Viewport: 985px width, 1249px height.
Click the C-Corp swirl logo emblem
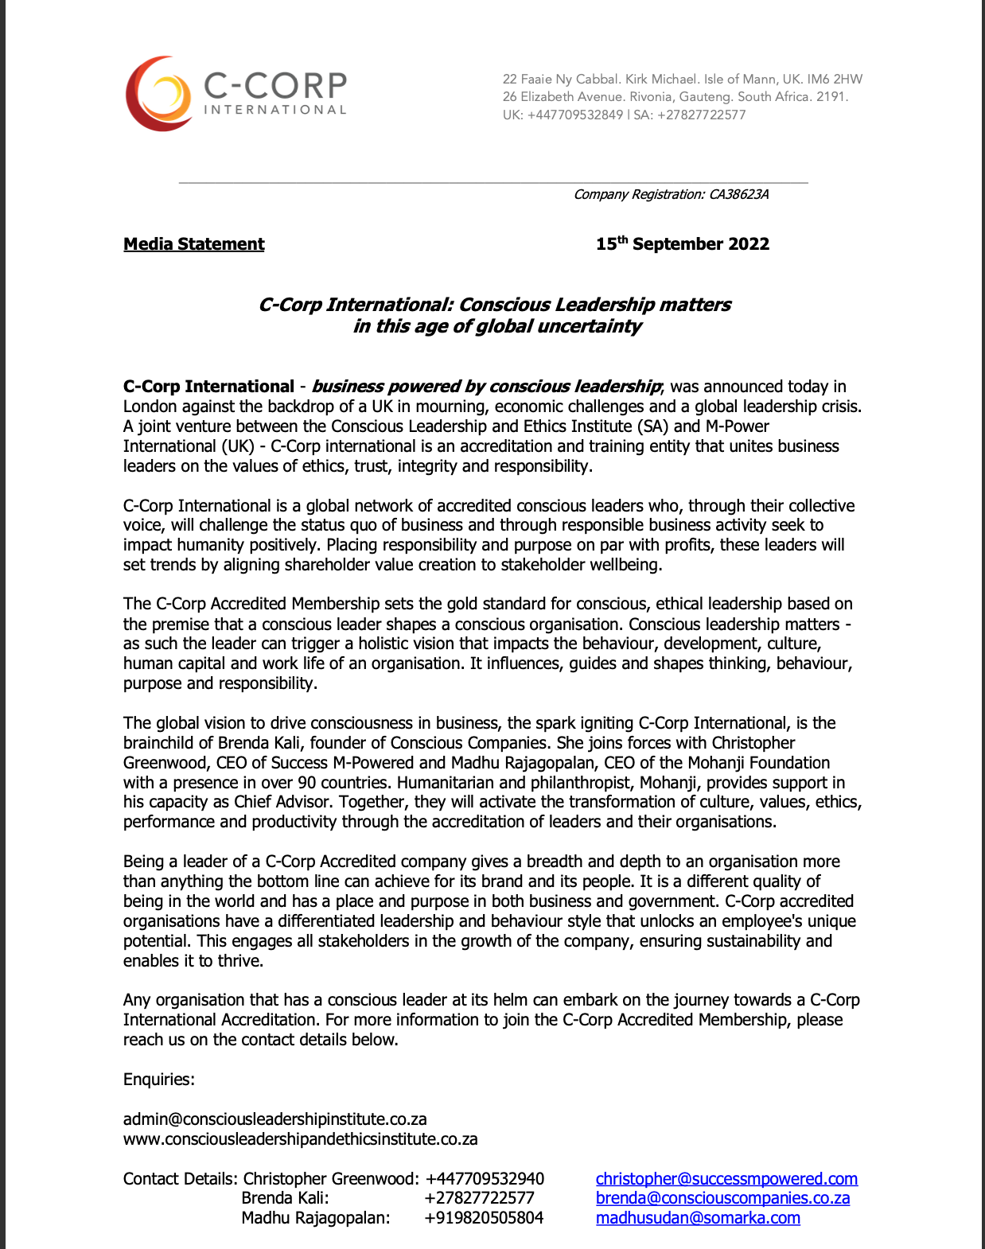(159, 94)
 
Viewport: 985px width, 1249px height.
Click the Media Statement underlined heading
(193, 244)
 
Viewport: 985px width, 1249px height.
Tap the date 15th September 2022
(683, 244)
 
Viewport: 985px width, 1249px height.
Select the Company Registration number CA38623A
(739, 195)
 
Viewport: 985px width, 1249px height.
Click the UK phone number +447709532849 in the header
(574, 115)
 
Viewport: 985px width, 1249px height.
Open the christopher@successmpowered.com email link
(726, 1179)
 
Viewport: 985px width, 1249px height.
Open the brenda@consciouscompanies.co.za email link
(722, 1198)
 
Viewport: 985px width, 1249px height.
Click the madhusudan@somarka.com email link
(698, 1218)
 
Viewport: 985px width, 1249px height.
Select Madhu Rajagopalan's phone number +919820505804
(484, 1218)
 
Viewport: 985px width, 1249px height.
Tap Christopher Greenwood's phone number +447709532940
(485, 1179)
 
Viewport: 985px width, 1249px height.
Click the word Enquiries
(158, 1080)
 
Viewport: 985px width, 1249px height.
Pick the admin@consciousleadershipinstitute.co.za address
(274, 1119)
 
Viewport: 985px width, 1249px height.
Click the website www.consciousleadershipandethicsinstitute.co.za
(300, 1139)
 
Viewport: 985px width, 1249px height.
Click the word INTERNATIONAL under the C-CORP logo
(275, 110)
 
